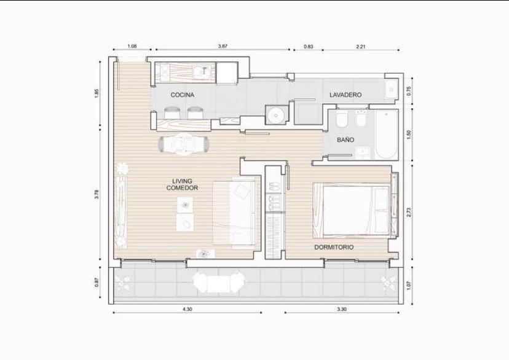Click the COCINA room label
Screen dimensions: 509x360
coord(182,95)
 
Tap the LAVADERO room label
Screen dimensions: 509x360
coord(345,95)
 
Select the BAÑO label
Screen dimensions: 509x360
coord(345,140)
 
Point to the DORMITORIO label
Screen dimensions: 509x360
coord(334,247)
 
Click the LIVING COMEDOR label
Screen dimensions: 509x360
coord(182,184)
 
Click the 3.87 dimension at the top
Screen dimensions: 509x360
coord(223,46)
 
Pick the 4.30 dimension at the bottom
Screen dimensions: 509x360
coord(187,309)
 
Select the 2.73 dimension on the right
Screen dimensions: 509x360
coord(409,213)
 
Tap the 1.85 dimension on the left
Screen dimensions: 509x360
coord(97,93)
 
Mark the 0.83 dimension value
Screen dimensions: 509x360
coord(309,46)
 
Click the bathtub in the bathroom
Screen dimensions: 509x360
coord(386,135)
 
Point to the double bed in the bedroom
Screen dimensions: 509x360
coord(351,211)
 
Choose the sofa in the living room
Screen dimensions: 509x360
coord(234,213)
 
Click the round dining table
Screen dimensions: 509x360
coord(183,144)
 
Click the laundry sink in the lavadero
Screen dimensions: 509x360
coord(391,89)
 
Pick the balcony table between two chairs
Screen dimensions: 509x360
coord(219,284)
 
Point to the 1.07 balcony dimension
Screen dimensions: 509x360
coord(409,286)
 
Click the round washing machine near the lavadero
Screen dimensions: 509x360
coord(277,115)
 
